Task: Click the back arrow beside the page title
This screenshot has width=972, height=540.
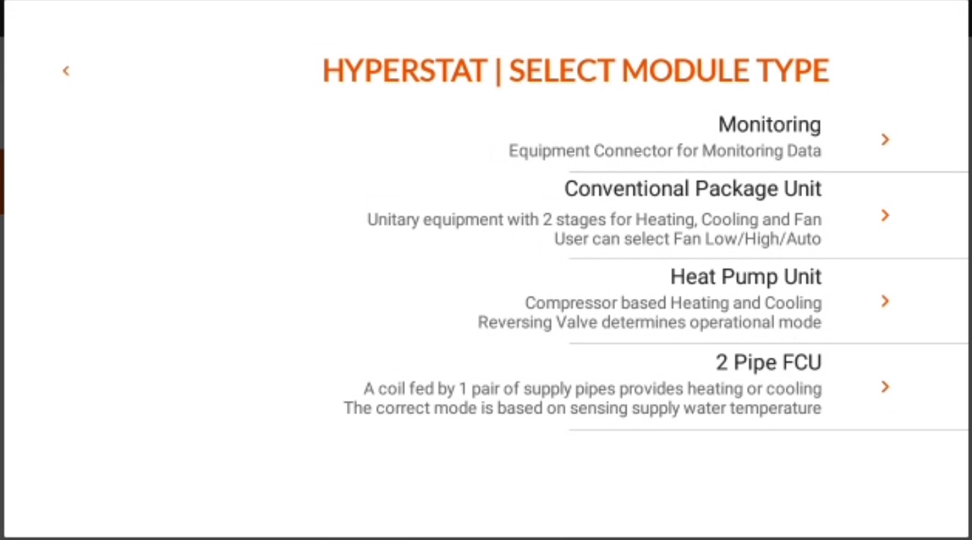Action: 66,70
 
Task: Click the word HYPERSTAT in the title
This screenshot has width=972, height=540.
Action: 404,71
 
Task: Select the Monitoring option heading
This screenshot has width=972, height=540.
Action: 769,125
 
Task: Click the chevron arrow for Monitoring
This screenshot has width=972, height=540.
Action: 885,140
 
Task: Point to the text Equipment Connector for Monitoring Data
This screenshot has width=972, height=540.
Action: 664,150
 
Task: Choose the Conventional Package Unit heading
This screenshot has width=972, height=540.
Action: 692,188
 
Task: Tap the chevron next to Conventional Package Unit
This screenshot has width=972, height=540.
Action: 885,215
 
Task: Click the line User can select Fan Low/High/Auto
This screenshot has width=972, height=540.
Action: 687,239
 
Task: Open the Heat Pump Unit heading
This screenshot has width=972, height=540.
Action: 746,276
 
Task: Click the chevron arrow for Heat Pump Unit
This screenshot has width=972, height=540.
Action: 885,302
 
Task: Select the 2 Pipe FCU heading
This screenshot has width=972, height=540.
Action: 768,362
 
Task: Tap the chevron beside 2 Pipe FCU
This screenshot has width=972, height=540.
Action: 885,387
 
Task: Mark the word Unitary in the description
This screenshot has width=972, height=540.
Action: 389,220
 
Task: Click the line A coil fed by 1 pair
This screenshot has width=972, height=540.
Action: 592,389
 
